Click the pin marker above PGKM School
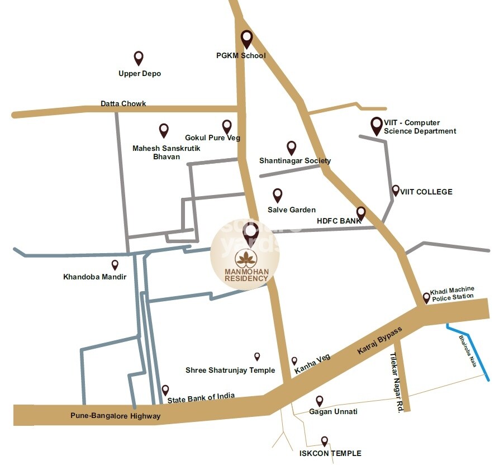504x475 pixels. [246, 39]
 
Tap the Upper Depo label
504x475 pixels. [140, 73]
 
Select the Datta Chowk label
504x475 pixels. [123, 103]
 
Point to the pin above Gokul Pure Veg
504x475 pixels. [227, 126]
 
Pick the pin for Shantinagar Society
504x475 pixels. [291, 148]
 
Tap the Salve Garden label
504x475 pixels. [291, 210]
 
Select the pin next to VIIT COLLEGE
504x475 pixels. [396, 191]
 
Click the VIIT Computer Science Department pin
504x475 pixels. [377, 126]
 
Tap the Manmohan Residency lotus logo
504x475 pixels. [245, 259]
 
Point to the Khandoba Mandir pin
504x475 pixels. [115, 264]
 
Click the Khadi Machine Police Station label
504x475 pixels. [452, 293]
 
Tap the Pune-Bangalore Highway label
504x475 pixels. [115, 416]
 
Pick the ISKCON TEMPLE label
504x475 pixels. [330, 453]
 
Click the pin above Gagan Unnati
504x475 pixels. [319, 401]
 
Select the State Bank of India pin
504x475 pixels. [165, 389]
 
